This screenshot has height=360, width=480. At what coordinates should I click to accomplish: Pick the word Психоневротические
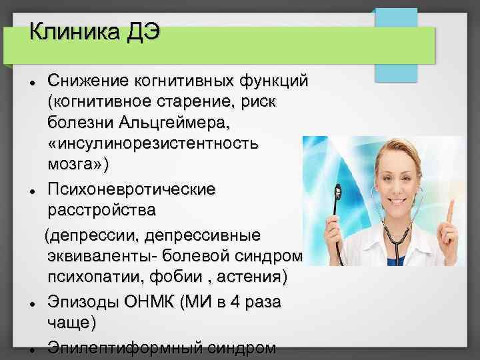click(x=131, y=189)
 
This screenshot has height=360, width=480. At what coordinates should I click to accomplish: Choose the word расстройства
click(x=101, y=210)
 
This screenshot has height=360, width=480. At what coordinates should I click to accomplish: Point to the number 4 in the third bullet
click(x=234, y=301)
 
